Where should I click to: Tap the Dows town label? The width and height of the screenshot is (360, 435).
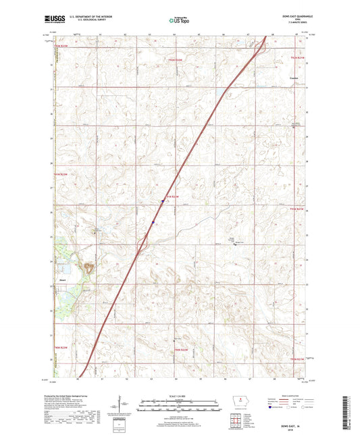click(x=61, y=276)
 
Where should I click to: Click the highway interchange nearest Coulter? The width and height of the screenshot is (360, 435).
click(x=259, y=47)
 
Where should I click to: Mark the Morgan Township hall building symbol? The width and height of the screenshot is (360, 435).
click(x=234, y=245)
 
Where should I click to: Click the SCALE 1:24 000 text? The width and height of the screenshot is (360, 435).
click(x=179, y=396)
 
